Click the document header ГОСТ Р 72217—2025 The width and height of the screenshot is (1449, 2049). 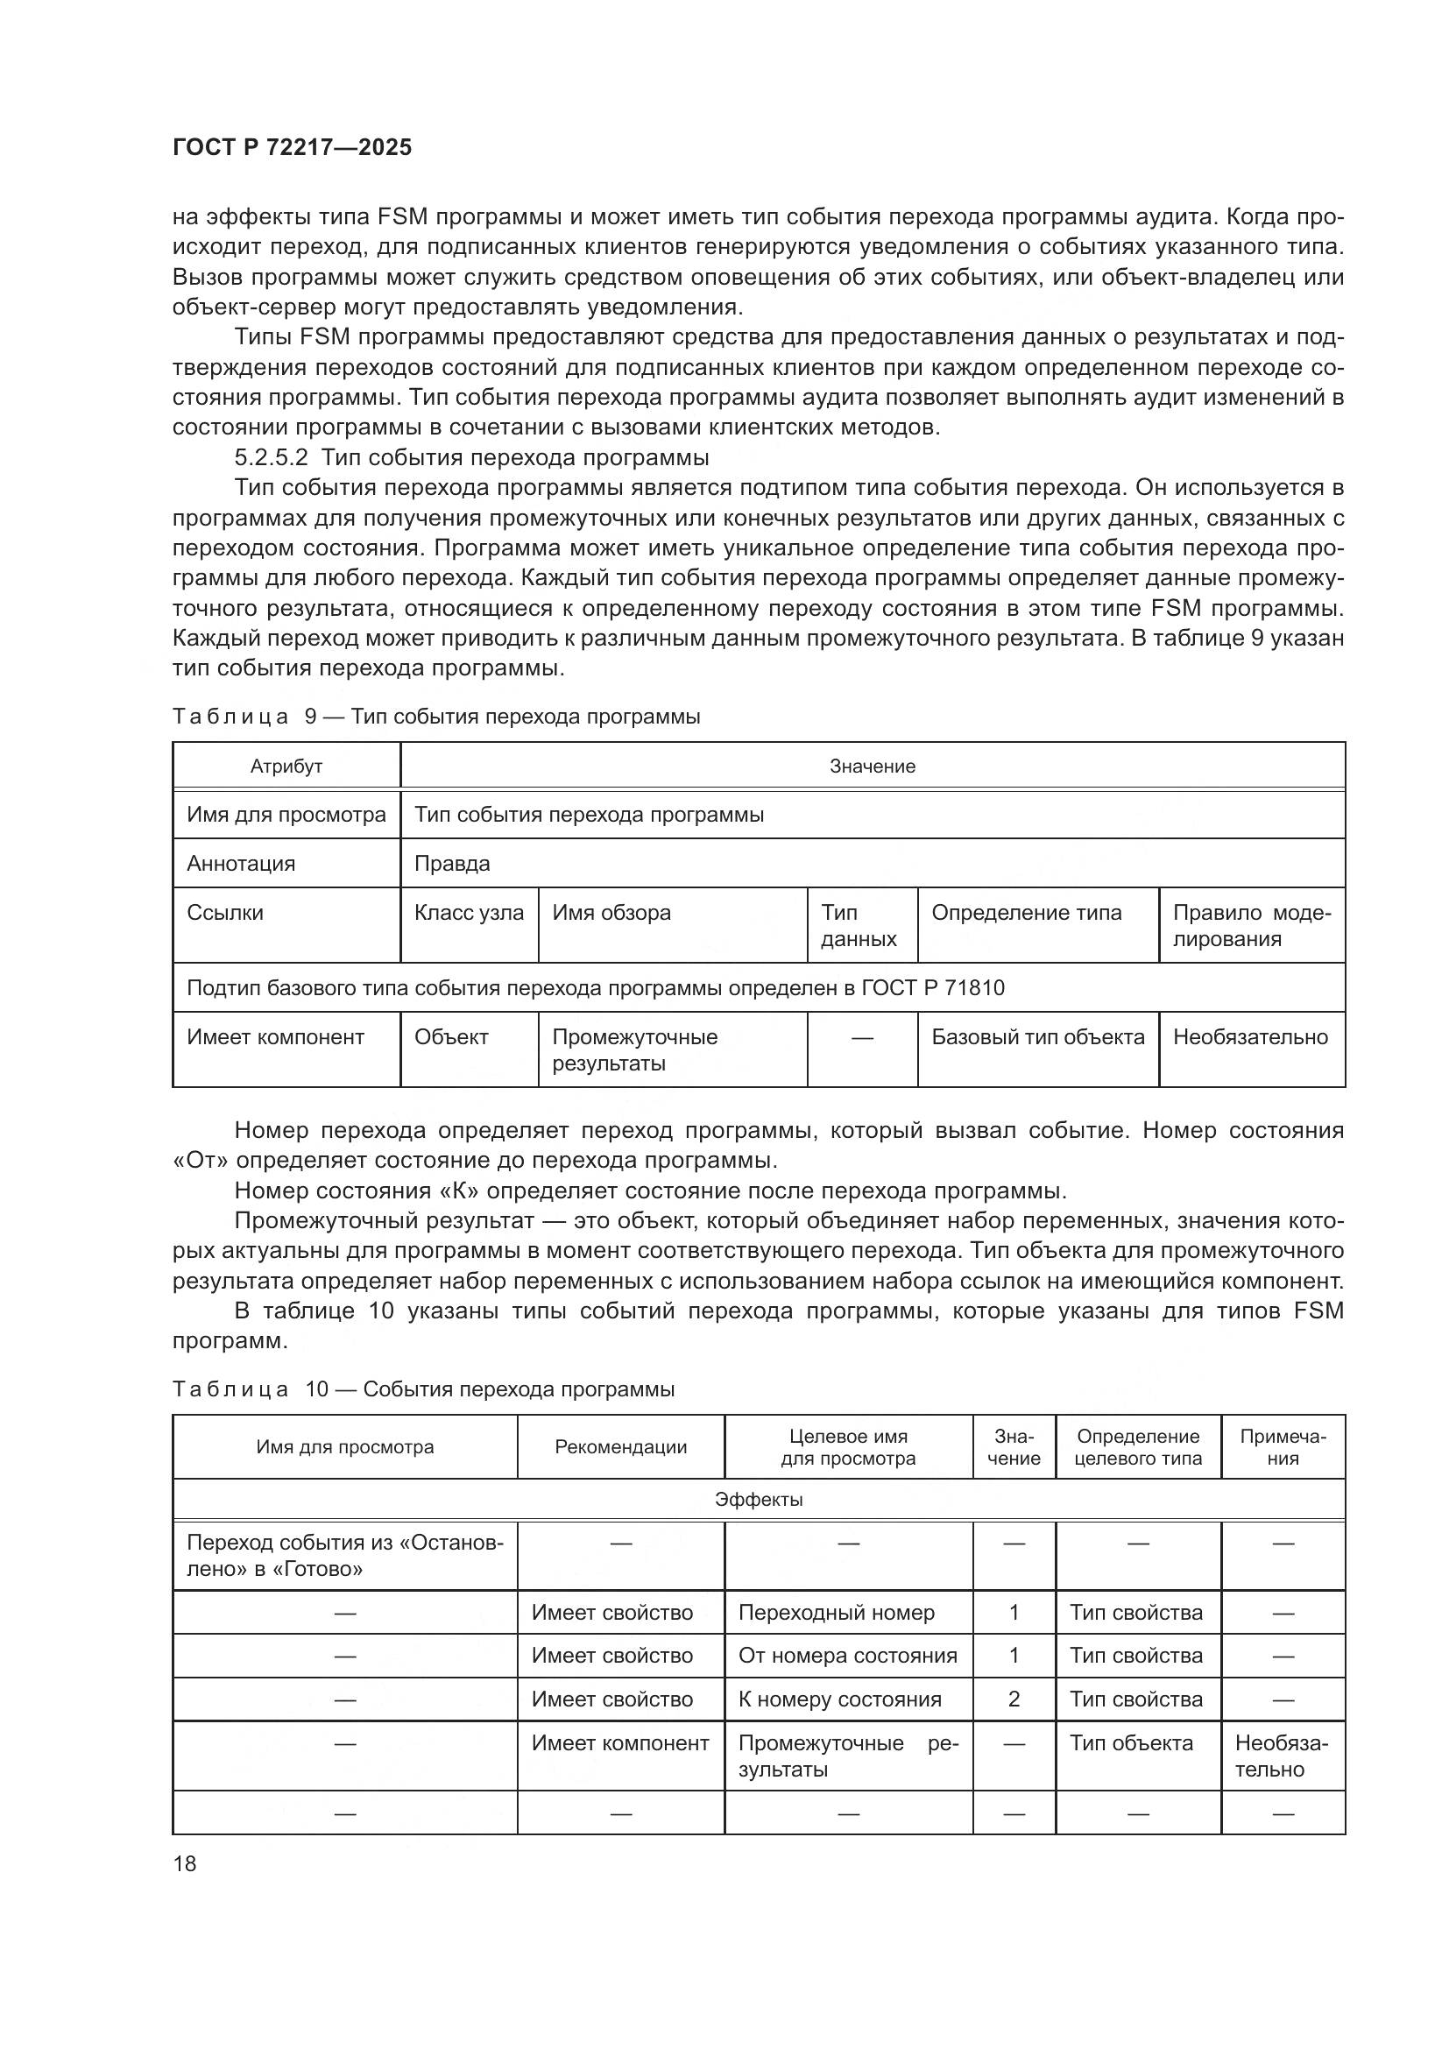[x=292, y=147]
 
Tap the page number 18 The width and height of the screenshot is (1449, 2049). [x=185, y=1863]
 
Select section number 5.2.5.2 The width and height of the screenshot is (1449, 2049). [x=271, y=458]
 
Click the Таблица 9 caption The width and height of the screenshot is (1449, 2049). [x=435, y=717]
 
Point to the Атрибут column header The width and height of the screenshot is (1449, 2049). [x=286, y=767]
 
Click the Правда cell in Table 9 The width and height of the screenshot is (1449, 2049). [x=451, y=864]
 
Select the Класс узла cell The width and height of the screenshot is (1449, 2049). [x=469, y=913]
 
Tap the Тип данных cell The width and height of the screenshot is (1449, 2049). [x=859, y=925]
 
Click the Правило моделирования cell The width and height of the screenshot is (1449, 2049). [x=1250, y=925]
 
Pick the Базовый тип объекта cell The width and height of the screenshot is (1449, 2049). [x=1036, y=1037]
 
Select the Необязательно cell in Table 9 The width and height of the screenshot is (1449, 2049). [x=1250, y=1037]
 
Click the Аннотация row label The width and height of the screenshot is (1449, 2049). [x=241, y=864]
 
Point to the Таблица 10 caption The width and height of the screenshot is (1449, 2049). [x=423, y=1389]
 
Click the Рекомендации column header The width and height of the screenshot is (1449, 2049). [x=620, y=1447]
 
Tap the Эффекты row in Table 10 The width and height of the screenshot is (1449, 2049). [x=759, y=1500]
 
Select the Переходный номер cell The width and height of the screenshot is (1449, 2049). [x=836, y=1613]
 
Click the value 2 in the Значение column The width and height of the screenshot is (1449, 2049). [x=1014, y=1699]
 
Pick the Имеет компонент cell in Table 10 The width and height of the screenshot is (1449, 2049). [x=620, y=1743]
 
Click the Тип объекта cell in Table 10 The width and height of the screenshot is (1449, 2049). [x=1130, y=1743]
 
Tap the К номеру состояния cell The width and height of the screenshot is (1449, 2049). [x=839, y=1699]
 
